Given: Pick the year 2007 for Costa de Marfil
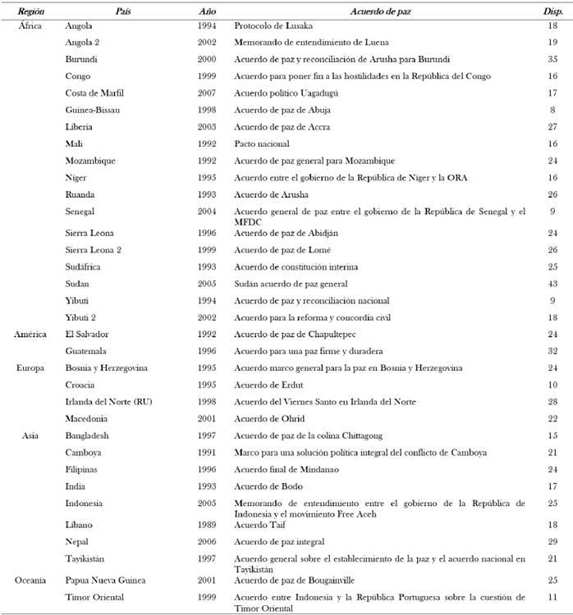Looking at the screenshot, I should (x=208, y=93).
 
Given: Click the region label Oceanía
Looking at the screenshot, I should (x=34, y=579).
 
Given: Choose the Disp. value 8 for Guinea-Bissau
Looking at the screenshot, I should (x=553, y=110).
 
